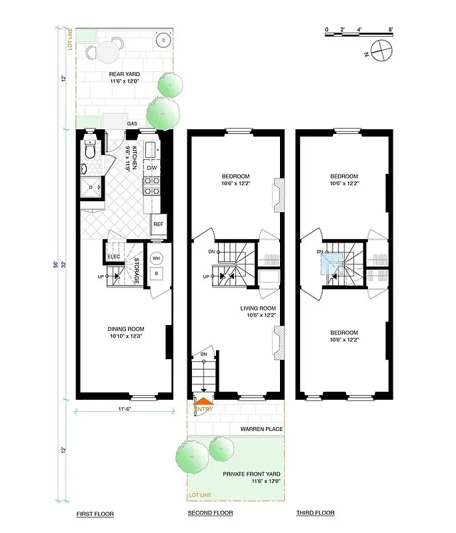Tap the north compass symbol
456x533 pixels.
pyautogui.click(x=381, y=50)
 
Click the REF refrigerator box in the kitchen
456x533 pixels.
pyautogui.click(x=158, y=224)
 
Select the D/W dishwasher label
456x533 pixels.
pyautogui.click(x=152, y=168)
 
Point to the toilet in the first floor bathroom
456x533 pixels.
pyautogui.click(x=90, y=153)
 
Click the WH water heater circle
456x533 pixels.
pyautogui.click(x=156, y=258)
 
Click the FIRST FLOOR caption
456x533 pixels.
pyautogui.click(x=95, y=514)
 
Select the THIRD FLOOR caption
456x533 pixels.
pyautogui.click(x=315, y=513)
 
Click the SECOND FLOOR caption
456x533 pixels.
pyautogui.click(x=209, y=514)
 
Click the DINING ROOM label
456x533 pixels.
pyautogui.click(x=126, y=329)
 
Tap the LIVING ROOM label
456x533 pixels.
pyautogui.click(x=259, y=308)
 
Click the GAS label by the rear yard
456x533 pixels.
pyautogui.click(x=132, y=124)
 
